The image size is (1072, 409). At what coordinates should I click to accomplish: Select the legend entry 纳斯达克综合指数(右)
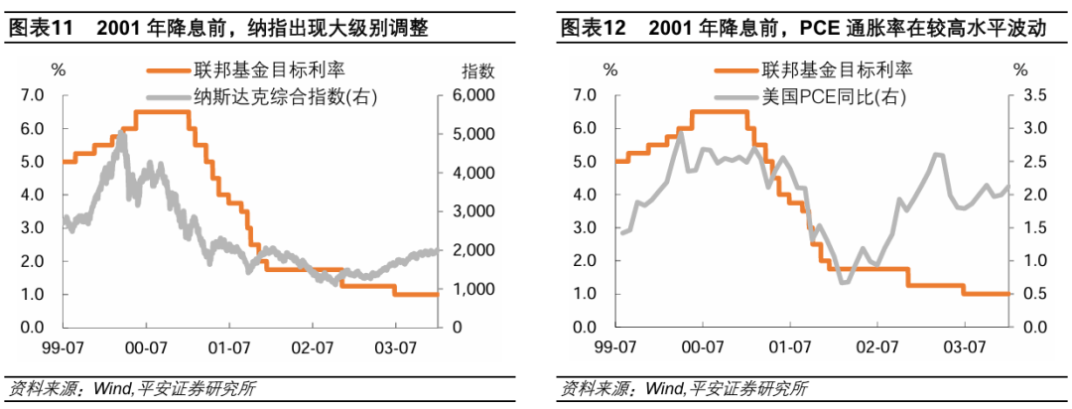tap(262, 96)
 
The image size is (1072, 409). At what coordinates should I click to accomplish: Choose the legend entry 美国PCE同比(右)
tap(819, 96)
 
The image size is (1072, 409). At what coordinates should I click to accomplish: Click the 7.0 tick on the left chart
tap(33, 95)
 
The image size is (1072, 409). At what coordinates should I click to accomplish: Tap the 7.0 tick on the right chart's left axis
tap(584, 95)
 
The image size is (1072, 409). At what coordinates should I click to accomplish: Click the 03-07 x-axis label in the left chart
tap(395, 347)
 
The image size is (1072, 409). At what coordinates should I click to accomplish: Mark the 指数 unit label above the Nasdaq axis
tap(477, 70)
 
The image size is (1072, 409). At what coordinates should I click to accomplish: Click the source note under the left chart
tap(130, 388)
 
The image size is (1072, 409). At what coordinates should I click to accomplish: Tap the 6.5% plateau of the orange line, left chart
tap(162, 112)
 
